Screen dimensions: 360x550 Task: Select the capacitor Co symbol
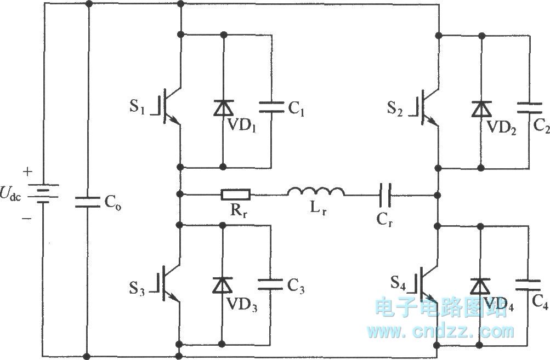[87, 202]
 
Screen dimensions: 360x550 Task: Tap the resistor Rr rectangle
[236, 194]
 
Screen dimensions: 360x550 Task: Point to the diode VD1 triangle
[223, 108]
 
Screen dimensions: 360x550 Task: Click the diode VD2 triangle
[481, 108]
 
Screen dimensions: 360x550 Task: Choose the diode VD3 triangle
[223, 285]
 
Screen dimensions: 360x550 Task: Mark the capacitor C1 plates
[271, 107]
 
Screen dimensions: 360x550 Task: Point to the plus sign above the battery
[27, 172]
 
